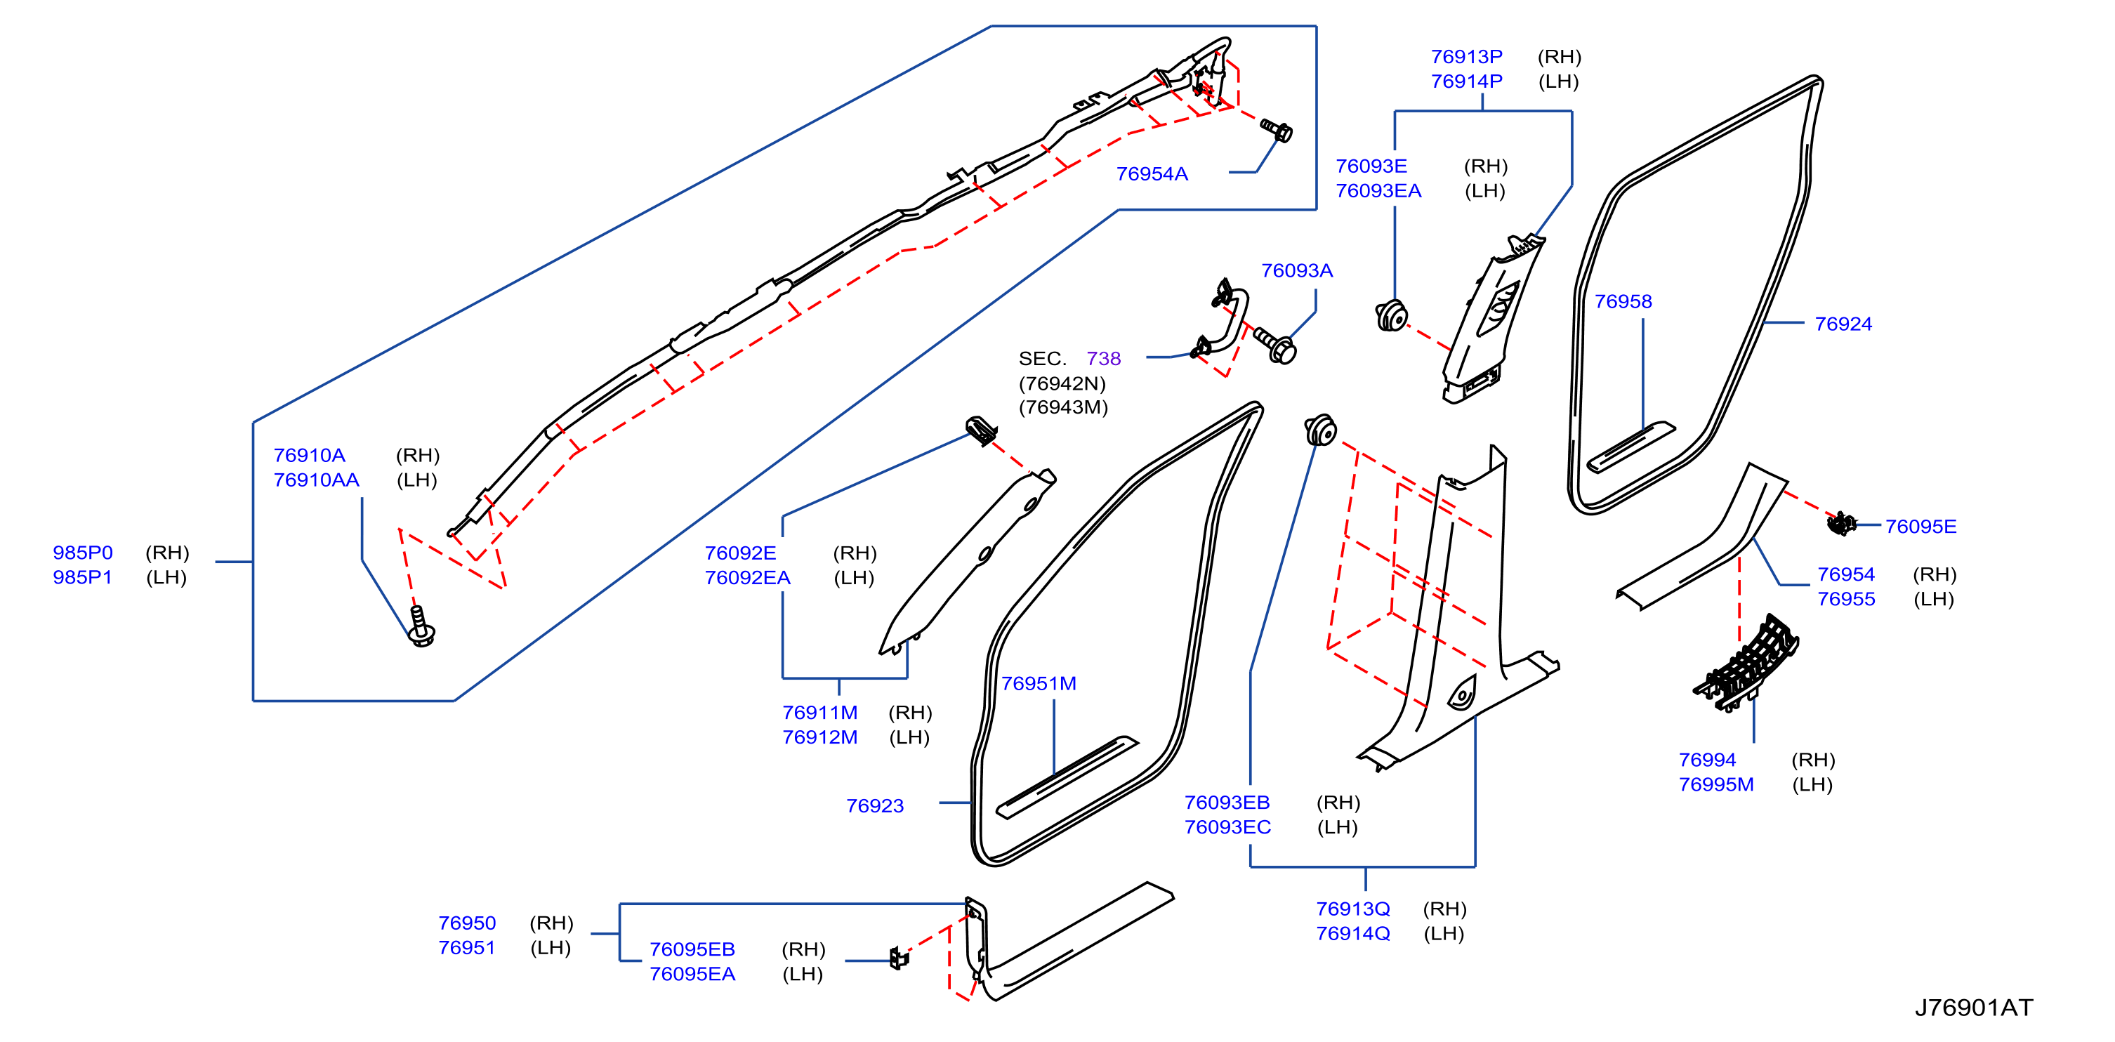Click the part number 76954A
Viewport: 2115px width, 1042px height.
point(1152,174)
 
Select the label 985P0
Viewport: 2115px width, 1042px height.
point(83,553)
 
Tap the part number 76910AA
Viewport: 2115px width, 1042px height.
point(316,480)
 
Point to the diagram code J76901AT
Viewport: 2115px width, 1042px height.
point(1974,1008)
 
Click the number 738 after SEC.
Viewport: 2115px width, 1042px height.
point(1103,358)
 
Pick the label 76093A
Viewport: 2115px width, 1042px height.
point(1296,271)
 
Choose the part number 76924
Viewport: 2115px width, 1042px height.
point(1843,324)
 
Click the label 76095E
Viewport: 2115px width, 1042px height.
point(1920,527)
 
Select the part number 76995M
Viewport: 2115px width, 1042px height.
point(1716,784)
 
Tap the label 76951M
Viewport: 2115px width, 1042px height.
point(1039,683)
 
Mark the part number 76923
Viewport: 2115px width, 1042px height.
point(875,805)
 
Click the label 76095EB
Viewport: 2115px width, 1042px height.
point(692,949)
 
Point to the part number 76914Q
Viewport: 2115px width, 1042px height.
point(1353,934)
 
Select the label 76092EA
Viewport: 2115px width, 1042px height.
point(747,577)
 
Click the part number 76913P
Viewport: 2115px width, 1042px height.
point(1466,57)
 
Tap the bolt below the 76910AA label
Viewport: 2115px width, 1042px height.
point(422,626)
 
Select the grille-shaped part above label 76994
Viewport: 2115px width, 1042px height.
point(1746,663)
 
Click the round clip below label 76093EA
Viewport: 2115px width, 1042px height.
point(1391,316)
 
